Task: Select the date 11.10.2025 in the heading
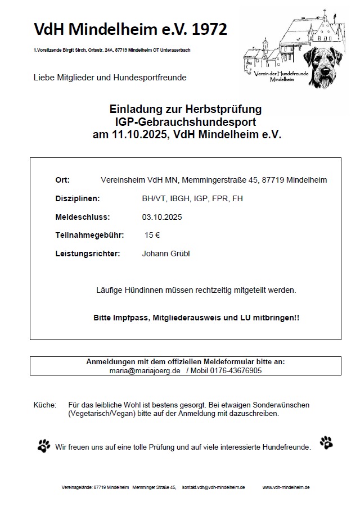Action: pos(138,134)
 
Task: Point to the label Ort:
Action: pos(62,180)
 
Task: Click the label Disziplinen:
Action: pos(77,198)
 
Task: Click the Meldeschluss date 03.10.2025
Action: pos(162,216)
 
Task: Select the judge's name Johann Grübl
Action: pos(166,254)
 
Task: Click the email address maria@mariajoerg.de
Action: pos(145,371)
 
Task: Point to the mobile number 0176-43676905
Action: pos(237,371)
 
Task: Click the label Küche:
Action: pos(45,405)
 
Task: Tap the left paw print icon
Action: pos(44,446)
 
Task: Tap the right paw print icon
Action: pos(326,443)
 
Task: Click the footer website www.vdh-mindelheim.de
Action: pos(286,487)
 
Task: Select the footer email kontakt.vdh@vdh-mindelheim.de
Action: pos(213,487)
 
